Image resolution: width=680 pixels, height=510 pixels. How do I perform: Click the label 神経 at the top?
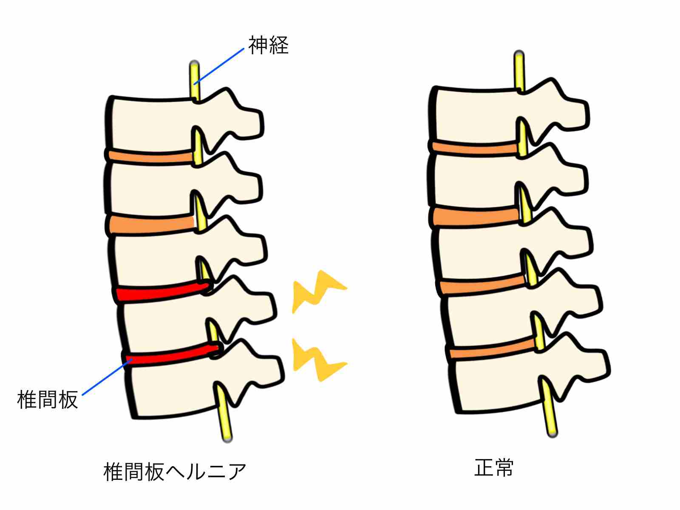tap(268, 45)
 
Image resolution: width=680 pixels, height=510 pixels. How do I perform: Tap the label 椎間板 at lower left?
tap(48, 399)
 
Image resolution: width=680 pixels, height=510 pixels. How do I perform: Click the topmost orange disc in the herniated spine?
tap(151, 156)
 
